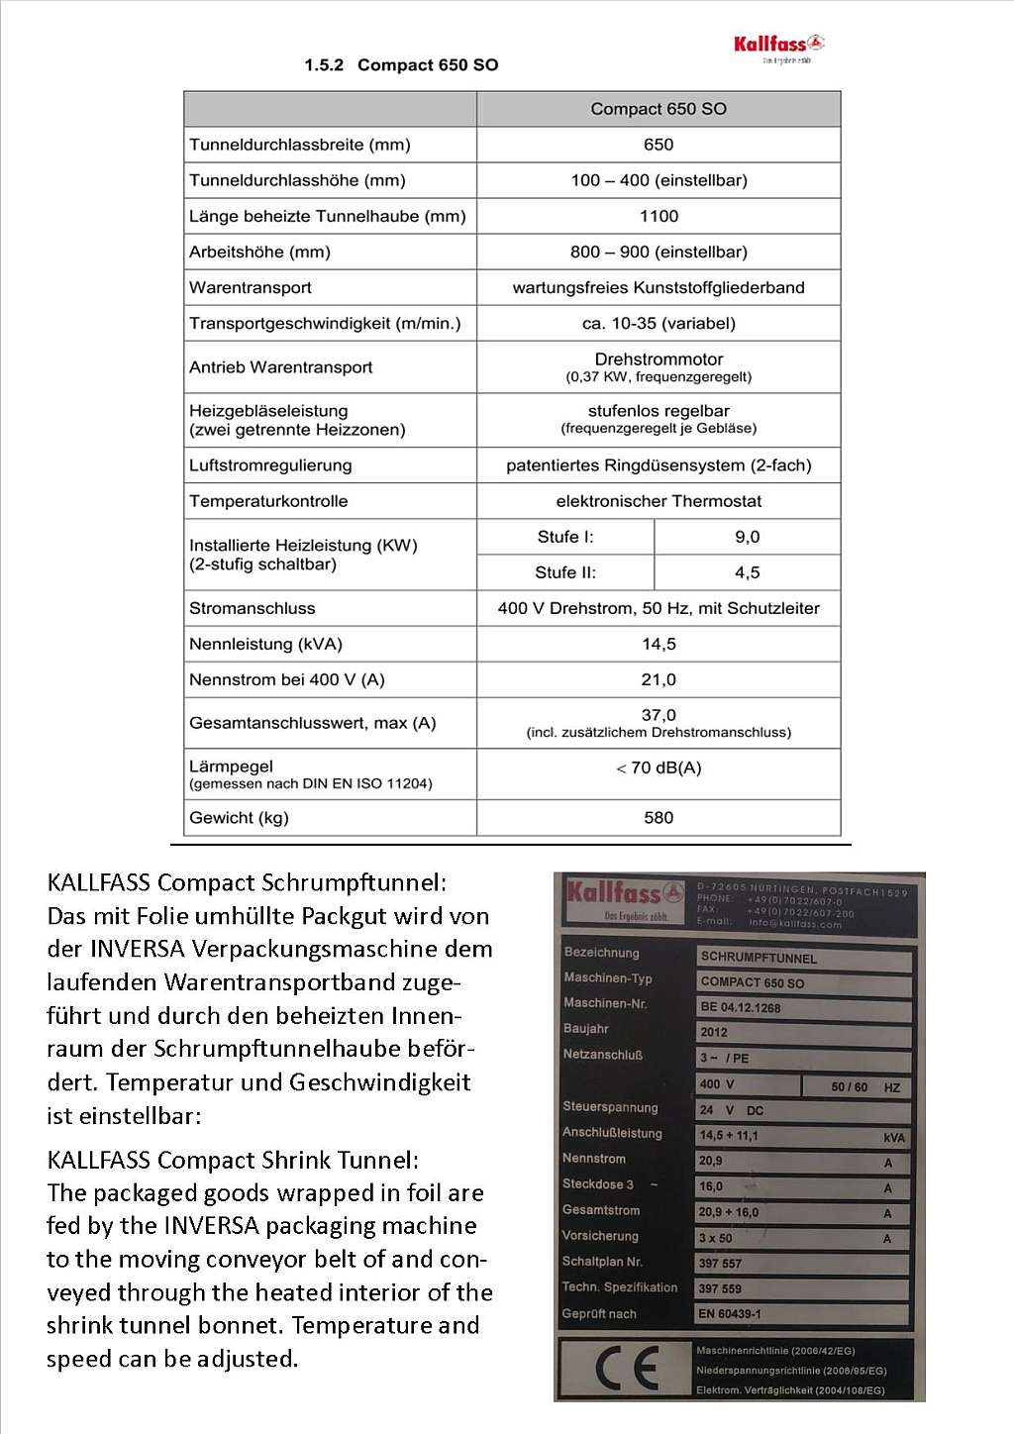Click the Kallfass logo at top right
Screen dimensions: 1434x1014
coord(778,46)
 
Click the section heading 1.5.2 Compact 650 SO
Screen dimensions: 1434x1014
coord(401,65)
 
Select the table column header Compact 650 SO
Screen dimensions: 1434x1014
coord(659,109)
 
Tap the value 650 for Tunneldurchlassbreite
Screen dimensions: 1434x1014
coord(659,145)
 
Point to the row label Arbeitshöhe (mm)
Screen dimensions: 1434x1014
coord(260,252)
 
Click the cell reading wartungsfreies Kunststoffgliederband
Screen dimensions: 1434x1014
coord(659,287)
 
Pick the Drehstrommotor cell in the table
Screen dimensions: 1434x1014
coord(659,359)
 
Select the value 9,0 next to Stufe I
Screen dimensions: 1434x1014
coord(748,537)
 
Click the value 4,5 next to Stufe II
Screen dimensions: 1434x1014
coord(748,572)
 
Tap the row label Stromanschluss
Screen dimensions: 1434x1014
coord(253,608)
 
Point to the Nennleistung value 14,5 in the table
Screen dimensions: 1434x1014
coord(659,644)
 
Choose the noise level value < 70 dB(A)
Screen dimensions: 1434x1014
coord(659,768)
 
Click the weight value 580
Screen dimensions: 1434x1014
coord(659,818)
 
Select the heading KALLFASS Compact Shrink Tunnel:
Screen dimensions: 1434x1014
coord(233,1160)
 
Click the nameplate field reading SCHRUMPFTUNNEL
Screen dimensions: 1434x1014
coord(759,958)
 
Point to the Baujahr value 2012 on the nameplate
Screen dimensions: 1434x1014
coord(714,1032)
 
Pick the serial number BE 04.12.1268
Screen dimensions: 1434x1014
coord(741,1007)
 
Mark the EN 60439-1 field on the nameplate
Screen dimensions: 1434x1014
coord(730,1314)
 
